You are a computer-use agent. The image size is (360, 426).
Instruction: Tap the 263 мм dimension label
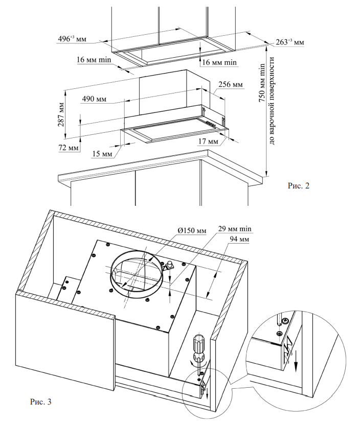[x=293, y=42]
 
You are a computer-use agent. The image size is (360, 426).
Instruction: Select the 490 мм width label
[x=94, y=99]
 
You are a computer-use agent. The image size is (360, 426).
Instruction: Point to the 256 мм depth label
[x=230, y=85]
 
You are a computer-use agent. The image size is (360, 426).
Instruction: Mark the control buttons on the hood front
[x=210, y=123]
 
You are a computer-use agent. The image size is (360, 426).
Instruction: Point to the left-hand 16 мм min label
[x=94, y=60]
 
